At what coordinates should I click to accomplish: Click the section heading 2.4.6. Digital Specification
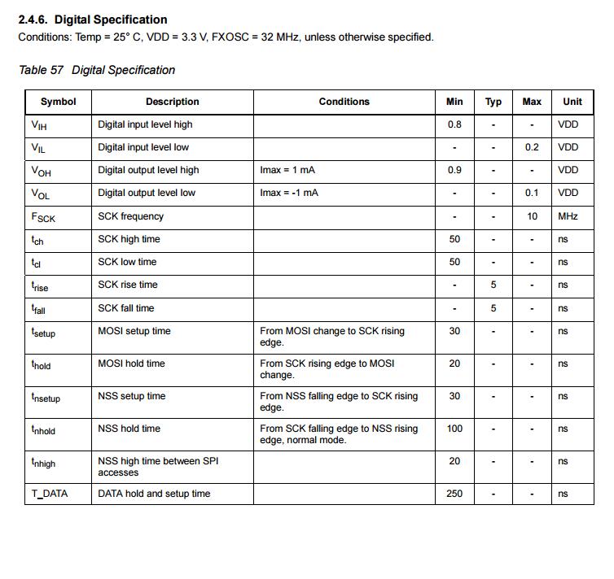coord(93,20)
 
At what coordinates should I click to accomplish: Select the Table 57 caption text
coord(97,70)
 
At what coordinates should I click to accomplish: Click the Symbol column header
coord(58,102)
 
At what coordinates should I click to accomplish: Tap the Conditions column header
coord(344,102)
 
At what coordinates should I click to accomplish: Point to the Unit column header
coord(572,102)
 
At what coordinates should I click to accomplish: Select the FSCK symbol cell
coord(43,217)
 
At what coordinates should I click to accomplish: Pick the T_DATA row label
coord(50,494)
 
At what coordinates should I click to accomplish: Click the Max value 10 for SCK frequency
coord(532,216)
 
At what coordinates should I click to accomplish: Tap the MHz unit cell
coord(568,216)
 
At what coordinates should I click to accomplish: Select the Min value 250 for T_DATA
coord(454,494)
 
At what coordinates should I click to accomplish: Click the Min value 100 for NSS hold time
coord(454,429)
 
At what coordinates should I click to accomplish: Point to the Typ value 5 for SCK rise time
coord(493,285)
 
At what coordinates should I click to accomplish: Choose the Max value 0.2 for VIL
coord(532,147)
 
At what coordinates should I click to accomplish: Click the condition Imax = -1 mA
coord(289,193)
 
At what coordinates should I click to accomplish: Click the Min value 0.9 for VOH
coord(454,170)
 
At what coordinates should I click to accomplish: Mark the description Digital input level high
coord(145,124)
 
